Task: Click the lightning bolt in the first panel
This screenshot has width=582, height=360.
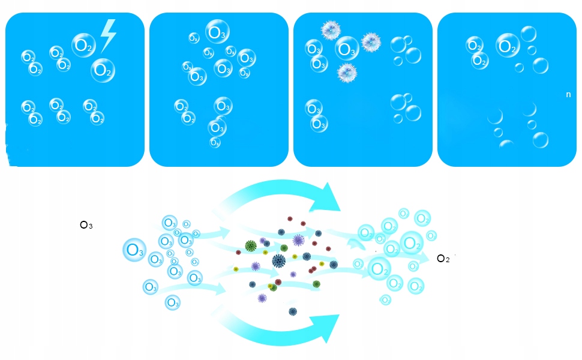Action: (x=107, y=35)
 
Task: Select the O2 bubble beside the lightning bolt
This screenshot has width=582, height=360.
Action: (x=83, y=44)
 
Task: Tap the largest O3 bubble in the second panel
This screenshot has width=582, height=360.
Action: (x=217, y=31)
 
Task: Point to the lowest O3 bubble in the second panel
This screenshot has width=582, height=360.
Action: (x=215, y=143)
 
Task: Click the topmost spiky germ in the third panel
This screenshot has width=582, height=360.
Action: (x=331, y=29)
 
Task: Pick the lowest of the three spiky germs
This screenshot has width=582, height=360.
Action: (x=347, y=72)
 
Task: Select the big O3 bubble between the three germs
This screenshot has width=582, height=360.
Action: (x=347, y=49)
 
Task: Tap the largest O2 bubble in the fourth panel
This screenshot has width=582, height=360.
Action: (x=508, y=45)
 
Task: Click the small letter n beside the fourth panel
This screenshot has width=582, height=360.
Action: (x=568, y=94)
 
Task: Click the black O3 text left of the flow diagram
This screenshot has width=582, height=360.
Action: (x=86, y=226)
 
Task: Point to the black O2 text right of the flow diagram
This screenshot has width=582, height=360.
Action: (x=443, y=259)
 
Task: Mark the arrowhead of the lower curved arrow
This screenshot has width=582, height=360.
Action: (x=329, y=328)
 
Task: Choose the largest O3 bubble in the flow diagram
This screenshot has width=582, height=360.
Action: (x=134, y=250)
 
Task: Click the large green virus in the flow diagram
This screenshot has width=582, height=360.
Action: (x=251, y=245)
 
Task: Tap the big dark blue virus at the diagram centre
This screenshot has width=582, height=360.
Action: (x=278, y=260)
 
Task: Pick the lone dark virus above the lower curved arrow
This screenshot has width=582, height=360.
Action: (x=293, y=311)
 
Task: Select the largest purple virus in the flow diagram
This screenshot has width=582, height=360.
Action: (x=298, y=241)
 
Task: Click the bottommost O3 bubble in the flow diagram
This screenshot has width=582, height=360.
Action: (x=172, y=302)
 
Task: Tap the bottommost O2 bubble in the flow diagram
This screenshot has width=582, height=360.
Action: (x=386, y=299)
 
